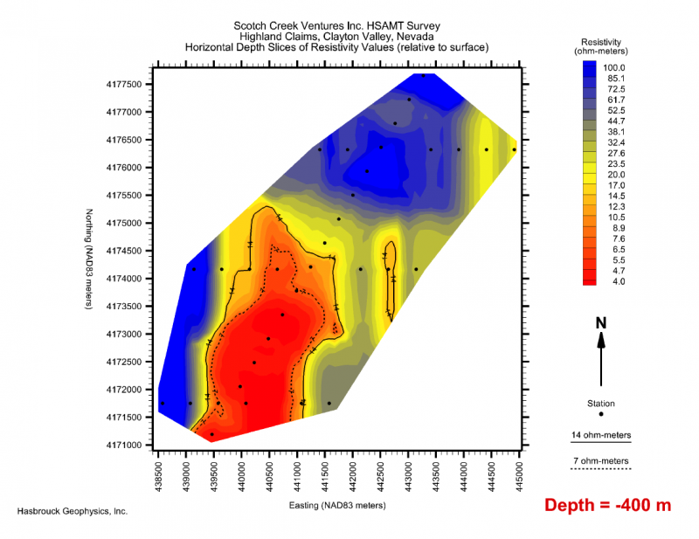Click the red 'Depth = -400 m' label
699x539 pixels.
(607, 505)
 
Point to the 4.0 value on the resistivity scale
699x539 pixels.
(616, 281)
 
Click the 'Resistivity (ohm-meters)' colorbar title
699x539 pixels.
(600, 47)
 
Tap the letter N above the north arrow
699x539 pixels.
(601, 322)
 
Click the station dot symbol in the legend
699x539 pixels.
(601, 414)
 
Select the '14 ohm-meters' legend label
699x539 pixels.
(600, 434)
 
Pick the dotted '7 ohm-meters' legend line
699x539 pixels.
(600, 469)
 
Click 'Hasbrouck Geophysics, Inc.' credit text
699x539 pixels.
(73, 510)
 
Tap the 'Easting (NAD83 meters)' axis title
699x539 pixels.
(337, 505)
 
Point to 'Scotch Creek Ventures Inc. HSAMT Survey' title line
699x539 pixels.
(336, 25)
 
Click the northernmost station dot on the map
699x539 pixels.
(423, 76)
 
